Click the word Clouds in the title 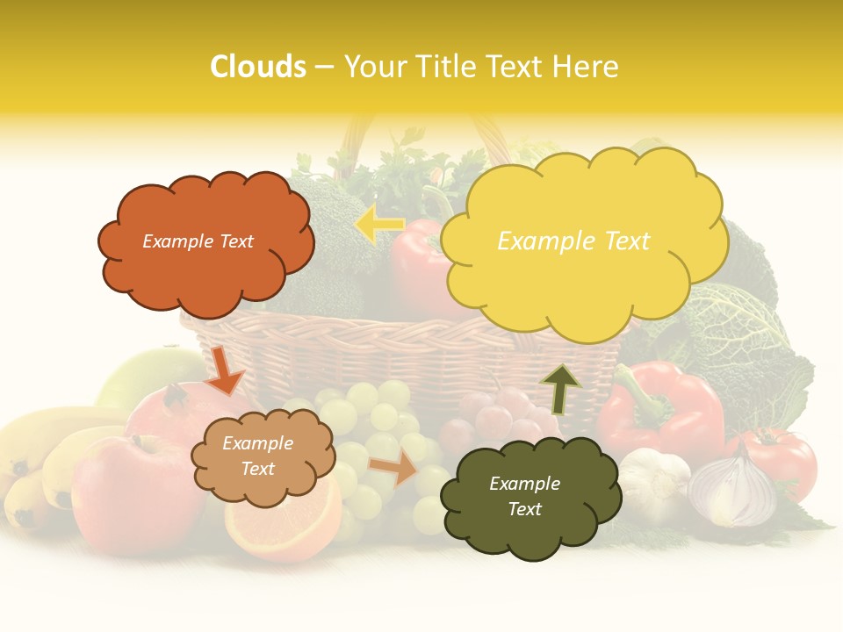258,67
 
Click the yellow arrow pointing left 379,225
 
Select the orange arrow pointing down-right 225,370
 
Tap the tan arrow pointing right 393,469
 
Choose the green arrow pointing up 559,388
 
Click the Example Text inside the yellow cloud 573,241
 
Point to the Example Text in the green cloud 524,496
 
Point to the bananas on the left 40,456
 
